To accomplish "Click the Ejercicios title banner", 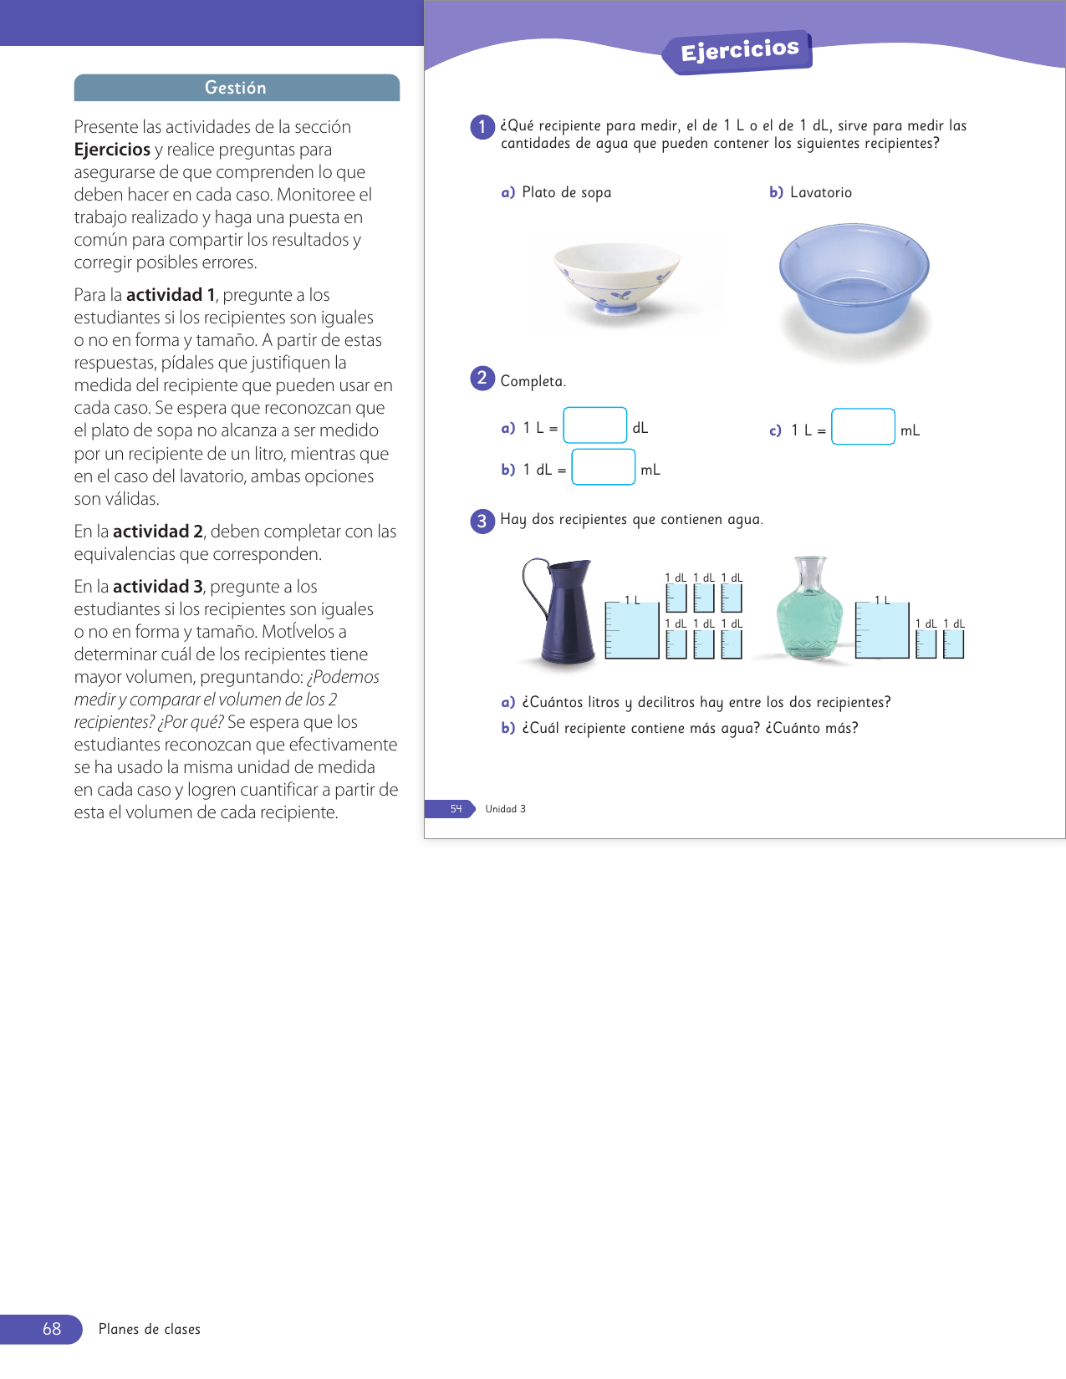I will (739, 52).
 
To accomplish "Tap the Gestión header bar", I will (237, 88).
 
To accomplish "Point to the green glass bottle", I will (810, 610).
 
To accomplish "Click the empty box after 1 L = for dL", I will (595, 425).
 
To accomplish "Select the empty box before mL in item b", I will (604, 467).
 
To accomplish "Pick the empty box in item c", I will (863, 427).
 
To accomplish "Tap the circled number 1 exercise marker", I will (482, 127).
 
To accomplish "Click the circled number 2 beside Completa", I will (482, 379).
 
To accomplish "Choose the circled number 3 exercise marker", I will (482, 521).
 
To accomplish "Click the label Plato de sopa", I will (566, 193).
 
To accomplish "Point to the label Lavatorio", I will (820, 193).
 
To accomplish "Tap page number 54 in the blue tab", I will (456, 809).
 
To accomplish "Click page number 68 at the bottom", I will (52, 1329).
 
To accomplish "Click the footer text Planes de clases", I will (150, 1330).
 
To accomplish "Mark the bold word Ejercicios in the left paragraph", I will (112, 150).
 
